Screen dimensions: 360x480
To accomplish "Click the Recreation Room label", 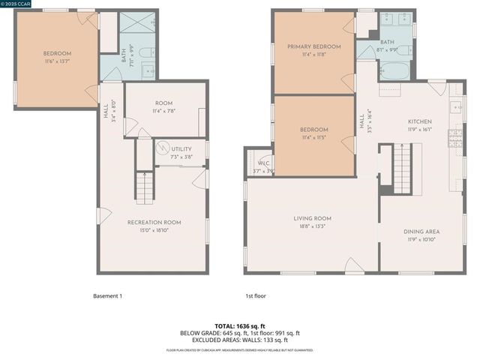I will [x=154, y=222].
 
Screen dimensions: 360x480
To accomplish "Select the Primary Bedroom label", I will [x=313, y=46].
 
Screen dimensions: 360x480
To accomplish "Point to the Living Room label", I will [x=312, y=218].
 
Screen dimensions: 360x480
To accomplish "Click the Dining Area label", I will [x=421, y=232].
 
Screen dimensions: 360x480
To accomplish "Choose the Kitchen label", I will [x=420, y=121].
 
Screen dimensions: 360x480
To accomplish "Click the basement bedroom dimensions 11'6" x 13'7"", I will [x=57, y=61].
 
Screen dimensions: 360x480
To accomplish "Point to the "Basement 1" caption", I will [x=107, y=295].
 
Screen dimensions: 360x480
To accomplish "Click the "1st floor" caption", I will [x=256, y=295].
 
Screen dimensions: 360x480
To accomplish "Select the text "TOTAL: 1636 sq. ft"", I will [x=239, y=325].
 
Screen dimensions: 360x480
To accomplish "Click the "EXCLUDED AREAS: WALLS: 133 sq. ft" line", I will [x=239, y=340].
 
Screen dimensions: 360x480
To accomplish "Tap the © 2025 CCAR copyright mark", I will [x=19, y=4].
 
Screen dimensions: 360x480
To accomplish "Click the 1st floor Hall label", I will [x=361, y=121].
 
